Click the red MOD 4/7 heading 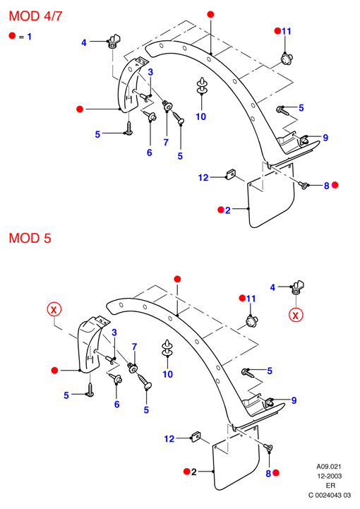click(35, 16)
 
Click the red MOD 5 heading click(30, 239)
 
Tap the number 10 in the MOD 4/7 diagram click(201, 116)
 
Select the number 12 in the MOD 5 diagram click(169, 439)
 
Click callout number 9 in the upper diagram click(325, 138)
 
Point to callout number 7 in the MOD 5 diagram click(134, 347)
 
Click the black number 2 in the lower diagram click(194, 472)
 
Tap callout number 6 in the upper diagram click(150, 152)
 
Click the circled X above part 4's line click(296, 315)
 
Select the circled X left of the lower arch click(54, 309)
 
